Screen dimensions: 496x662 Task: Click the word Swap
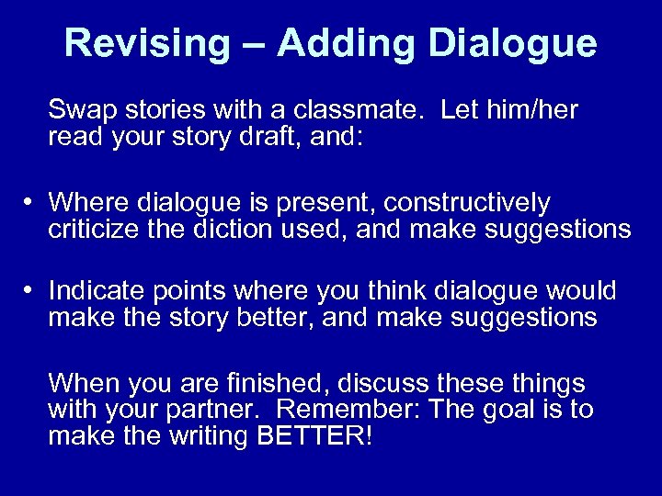coord(79,112)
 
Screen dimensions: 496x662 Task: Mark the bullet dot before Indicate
coord(32,291)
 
